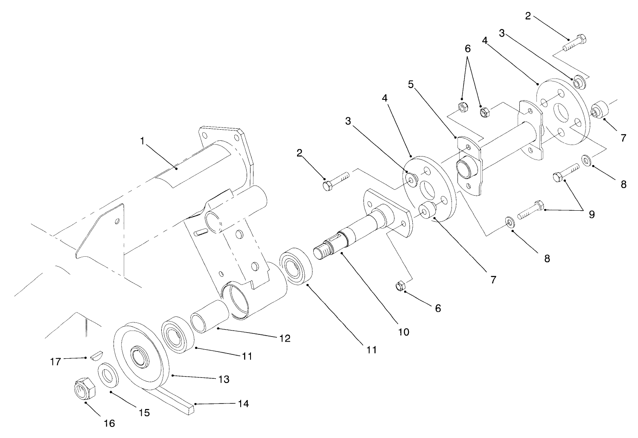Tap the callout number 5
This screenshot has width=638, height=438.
410,84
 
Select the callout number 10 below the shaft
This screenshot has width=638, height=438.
403,331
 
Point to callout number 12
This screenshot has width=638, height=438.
285,338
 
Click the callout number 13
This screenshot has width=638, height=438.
224,379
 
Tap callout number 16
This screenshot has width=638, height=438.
109,423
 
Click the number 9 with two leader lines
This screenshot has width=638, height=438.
591,215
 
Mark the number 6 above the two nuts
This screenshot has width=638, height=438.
468,49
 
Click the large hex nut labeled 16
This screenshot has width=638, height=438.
84,388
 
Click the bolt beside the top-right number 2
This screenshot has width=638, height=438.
576,42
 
